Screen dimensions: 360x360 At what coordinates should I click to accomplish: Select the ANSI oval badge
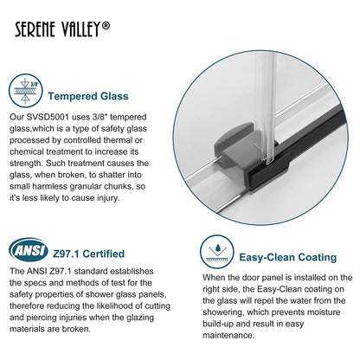28,252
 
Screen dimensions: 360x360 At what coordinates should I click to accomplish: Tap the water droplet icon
215,253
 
